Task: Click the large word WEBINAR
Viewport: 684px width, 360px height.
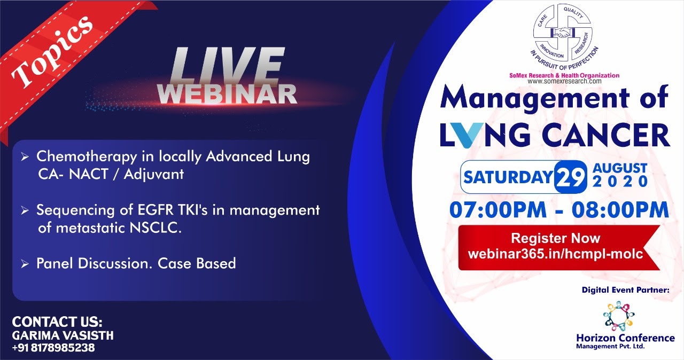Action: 228,94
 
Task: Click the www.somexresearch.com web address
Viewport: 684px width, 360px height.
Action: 564,81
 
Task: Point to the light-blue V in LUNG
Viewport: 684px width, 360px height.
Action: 474,135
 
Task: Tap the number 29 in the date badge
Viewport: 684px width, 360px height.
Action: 571,177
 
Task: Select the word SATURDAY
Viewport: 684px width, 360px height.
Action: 508,177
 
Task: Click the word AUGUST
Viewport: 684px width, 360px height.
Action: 620,168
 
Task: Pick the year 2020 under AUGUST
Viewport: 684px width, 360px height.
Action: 620,182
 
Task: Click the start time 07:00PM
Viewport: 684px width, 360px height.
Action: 498,210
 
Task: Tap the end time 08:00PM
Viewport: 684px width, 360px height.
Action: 620,210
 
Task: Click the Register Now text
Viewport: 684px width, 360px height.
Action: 556,238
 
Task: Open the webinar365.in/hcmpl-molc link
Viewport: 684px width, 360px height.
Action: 556,254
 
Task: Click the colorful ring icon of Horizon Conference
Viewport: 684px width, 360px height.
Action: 619,316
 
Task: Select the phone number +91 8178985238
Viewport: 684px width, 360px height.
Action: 53,348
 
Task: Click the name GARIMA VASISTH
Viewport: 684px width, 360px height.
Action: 63,335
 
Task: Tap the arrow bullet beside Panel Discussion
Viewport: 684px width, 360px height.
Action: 25,264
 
